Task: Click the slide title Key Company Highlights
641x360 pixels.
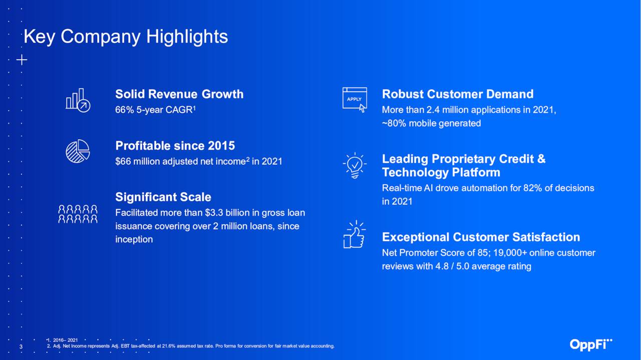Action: [126, 37]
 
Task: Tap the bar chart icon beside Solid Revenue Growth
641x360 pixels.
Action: [78, 100]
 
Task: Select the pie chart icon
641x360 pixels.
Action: [78, 151]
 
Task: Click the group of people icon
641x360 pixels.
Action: [78, 214]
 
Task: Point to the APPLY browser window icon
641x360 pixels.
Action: [355, 100]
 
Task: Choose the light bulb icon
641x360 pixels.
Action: [355, 165]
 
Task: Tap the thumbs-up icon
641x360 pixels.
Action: [354, 234]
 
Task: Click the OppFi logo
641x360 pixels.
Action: [591, 344]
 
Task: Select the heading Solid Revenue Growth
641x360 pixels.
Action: [179, 94]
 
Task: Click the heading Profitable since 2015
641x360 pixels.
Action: [175, 146]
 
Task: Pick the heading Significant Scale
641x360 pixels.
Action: [163, 197]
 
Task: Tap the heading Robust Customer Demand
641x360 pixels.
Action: [458, 94]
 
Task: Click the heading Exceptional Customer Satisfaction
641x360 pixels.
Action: [481, 237]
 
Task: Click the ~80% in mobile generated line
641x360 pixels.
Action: [394, 123]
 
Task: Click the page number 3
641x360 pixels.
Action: [21, 347]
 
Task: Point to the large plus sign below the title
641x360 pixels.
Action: [22, 60]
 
